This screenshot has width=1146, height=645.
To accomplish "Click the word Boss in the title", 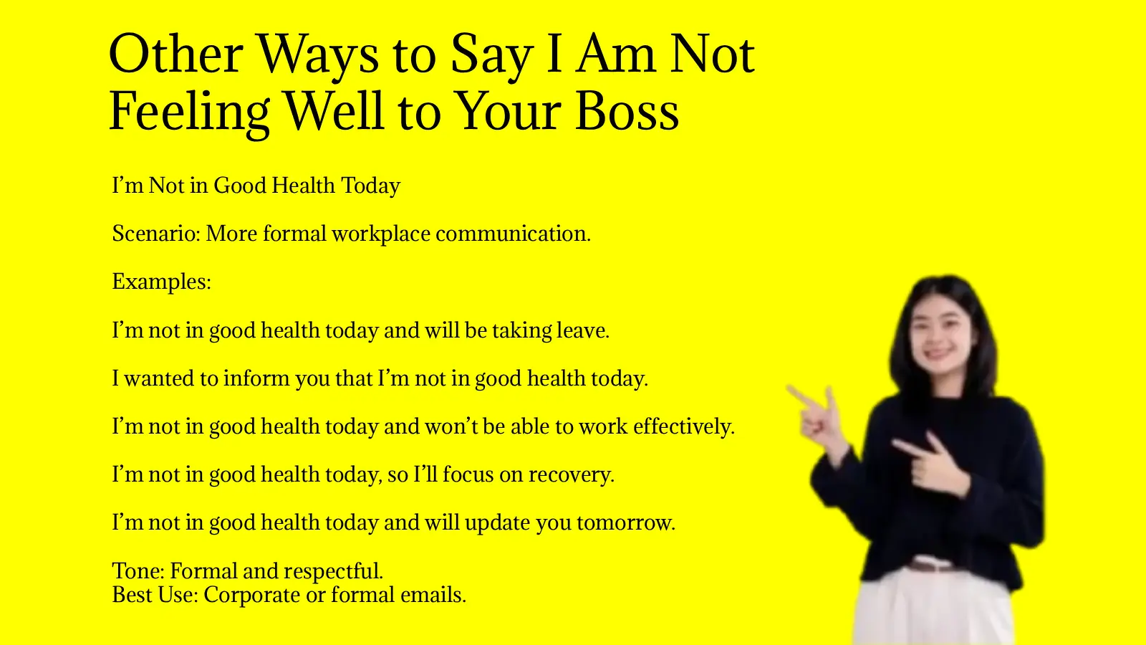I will tap(627, 113).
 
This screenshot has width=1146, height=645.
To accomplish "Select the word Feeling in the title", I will tap(189, 113).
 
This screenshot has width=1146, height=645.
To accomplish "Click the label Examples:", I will tap(161, 282).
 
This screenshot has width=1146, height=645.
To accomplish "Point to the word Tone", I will tap(138, 571).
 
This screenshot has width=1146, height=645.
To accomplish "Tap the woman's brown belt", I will tap(931, 566).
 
